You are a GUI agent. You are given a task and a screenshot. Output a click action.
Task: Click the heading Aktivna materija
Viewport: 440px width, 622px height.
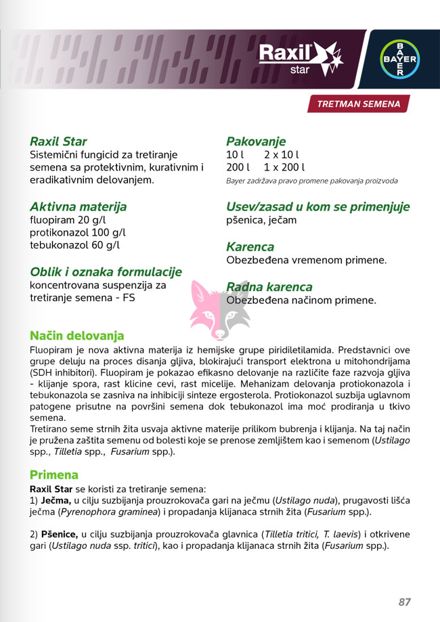click(x=78, y=206)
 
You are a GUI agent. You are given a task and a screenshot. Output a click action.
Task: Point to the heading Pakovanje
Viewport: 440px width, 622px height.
click(x=256, y=141)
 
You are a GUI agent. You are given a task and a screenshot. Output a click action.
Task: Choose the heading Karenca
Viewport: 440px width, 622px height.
click(x=250, y=247)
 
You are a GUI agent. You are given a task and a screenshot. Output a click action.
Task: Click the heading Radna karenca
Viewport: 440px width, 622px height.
click(x=269, y=287)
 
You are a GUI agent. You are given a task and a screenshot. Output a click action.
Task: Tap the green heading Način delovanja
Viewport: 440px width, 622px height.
click(x=76, y=336)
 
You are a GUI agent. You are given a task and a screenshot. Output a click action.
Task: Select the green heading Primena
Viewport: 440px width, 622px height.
click(x=54, y=474)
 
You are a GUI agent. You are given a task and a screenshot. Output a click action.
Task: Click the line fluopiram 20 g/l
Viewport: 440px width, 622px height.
click(x=68, y=220)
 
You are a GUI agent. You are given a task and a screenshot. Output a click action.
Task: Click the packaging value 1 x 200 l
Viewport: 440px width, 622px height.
click(x=284, y=167)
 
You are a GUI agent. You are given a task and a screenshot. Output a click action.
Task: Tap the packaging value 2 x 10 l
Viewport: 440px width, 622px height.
click(x=281, y=155)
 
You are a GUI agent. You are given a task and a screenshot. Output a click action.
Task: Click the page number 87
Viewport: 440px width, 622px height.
click(x=404, y=602)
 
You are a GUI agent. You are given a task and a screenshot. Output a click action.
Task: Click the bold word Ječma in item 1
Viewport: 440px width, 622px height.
click(x=56, y=499)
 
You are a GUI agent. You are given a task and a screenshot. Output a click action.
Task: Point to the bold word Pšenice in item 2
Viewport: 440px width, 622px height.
click(x=60, y=534)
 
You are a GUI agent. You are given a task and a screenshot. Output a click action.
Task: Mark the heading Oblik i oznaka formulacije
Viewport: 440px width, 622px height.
click(x=106, y=271)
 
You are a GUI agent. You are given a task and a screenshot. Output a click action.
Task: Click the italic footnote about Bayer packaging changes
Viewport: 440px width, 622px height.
click(x=311, y=181)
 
